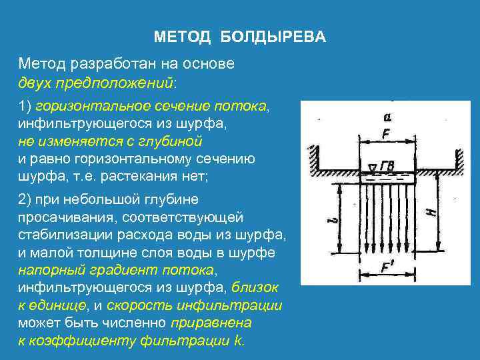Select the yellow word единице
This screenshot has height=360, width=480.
(x=59, y=306)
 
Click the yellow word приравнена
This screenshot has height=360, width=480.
(x=211, y=323)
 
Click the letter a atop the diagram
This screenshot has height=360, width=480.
(x=387, y=117)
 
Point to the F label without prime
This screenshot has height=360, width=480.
(x=387, y=133)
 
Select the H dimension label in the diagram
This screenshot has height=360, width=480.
(x=431, y=212)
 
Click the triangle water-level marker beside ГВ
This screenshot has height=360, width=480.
(x=372, y=164)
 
